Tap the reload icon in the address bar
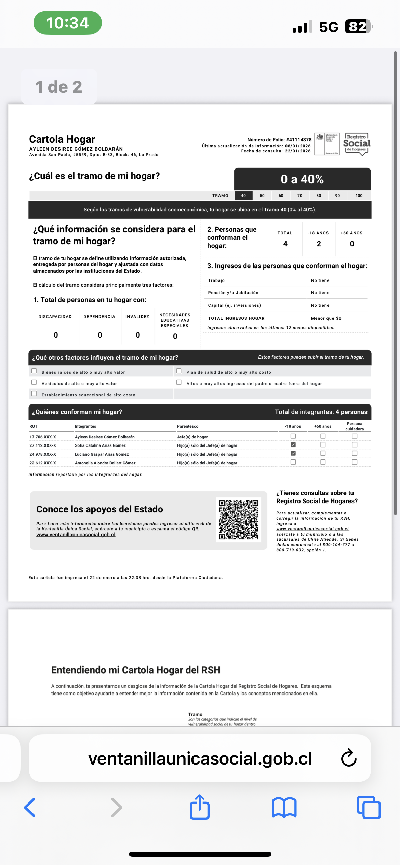click(x=349, y=758)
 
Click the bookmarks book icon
click(x=284, y=808)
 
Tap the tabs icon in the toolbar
click(x=369, y=808)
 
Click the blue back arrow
click(x=30, y=808)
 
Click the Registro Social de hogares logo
click(x=357, y=144)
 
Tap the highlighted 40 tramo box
click(x=243, y=196)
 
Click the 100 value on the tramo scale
click(x=359, y=196)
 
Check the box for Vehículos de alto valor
click(x=34, y=382)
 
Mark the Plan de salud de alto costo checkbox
click(x=179, y=371)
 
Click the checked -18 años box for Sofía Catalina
click(x=293, y=445)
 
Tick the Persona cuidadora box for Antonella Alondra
click(x=355, y=462)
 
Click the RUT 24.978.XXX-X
click(x=43, y=454)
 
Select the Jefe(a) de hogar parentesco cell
click(x=192, y=437)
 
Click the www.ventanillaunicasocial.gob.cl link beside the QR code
click(x=76, y=535)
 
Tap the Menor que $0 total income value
click(x=326, y=318)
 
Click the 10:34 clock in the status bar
click(x=68, y=23)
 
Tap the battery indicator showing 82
click(x=358, y=27)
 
